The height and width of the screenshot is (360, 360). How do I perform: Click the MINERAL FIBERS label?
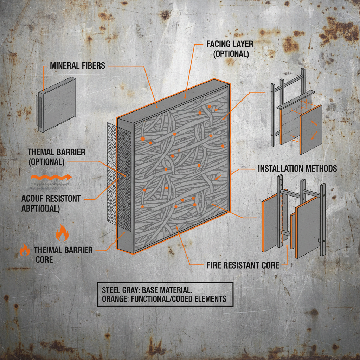tap(77, 65)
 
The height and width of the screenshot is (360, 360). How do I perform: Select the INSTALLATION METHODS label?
tap(297, 168)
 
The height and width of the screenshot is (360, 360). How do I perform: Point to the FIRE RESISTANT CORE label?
tap(243, 265)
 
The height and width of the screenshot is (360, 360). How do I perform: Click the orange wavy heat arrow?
tap(51, 177)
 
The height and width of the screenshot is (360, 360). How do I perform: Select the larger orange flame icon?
tap(62, 233)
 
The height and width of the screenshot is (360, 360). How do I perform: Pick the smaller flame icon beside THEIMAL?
tap(24, 250)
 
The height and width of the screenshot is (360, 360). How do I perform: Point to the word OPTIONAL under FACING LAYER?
tap(231, 54)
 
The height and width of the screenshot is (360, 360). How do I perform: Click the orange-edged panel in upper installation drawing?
tap(311, 129)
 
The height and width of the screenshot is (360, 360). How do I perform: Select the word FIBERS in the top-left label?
tap(93, 65)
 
